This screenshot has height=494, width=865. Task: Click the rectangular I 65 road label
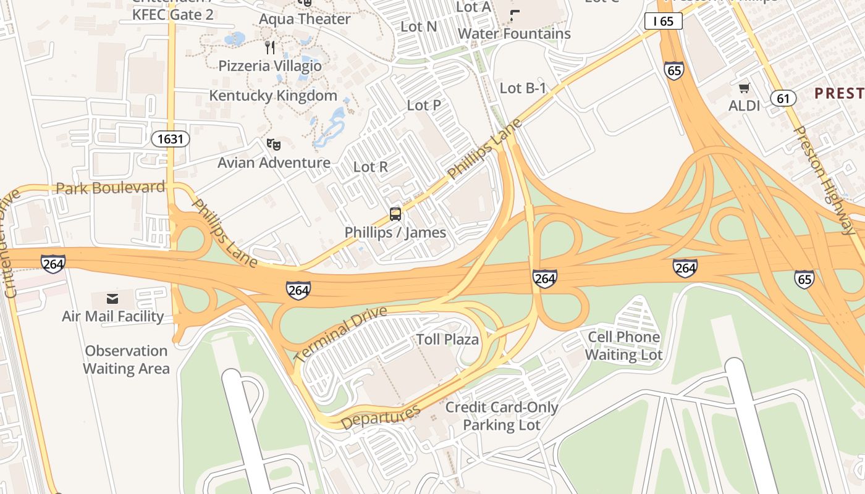point(663,22)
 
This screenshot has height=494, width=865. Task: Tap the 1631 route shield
point(171,139)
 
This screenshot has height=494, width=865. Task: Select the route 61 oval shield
point(783,98)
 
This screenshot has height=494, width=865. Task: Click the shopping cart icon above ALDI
point(745,88)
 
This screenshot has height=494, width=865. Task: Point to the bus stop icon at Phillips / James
point(395,214)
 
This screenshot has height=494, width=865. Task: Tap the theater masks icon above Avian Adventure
point(273,144)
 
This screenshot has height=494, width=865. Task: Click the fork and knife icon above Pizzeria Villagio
point(269,48)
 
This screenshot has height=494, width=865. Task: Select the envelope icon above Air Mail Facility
point(112,299)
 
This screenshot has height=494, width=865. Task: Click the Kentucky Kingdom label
point(273,96)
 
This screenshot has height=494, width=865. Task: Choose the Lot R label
point(370,167)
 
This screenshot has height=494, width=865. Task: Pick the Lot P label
point(424,106)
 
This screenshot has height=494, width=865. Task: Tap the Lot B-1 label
point(523,88)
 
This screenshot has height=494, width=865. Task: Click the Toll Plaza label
point(447,340)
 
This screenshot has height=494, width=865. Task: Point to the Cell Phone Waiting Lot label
point(624,346)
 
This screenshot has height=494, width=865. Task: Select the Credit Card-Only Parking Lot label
point(502,416)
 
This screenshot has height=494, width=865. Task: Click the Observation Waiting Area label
point(127,360)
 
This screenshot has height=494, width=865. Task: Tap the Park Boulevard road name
point(111,188)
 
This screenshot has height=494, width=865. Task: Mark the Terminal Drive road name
point(340,334)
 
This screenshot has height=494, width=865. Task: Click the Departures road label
point(381,417)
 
